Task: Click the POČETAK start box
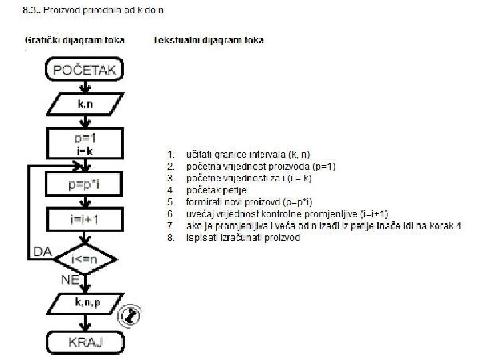point(84,69)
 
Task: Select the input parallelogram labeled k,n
point(84,105)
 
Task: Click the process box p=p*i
point(84,183)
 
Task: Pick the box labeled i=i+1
point(84,218)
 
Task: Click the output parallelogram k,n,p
point(84,305)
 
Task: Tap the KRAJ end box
point(84,343)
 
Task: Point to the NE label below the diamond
point(70,280)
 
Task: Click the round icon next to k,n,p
point(132,315)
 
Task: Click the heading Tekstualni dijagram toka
point(208,40)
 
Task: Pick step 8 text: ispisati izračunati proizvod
point(243,238)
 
